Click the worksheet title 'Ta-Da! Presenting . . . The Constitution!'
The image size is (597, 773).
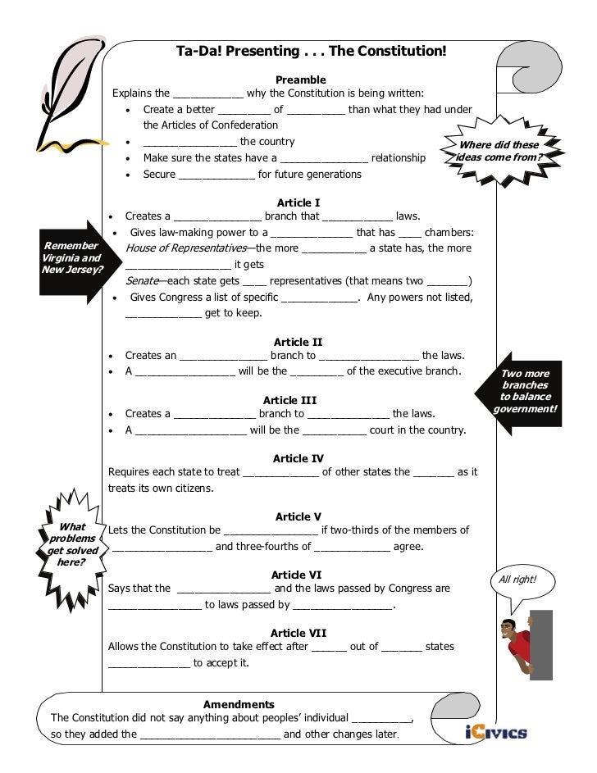312,52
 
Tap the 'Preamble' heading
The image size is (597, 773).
300,80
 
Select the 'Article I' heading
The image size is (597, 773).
298,202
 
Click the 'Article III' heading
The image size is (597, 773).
289,400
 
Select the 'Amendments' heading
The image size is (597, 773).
239,704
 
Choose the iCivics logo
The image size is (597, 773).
494,732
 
